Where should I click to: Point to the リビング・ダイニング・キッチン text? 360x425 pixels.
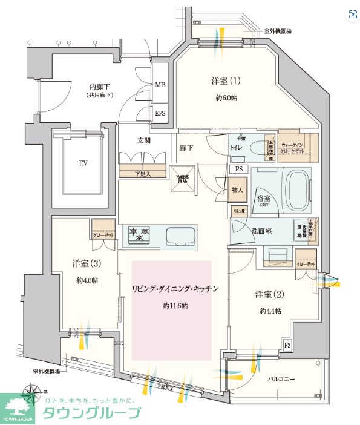click(174, 289)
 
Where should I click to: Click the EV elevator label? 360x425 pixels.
click(83, 163)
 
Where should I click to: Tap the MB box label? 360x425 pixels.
click(160, 85)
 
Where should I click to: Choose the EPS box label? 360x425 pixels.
click(160, 113)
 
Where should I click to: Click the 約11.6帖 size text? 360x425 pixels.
click(175, 306)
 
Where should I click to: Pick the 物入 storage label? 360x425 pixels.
click(238, 190)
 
